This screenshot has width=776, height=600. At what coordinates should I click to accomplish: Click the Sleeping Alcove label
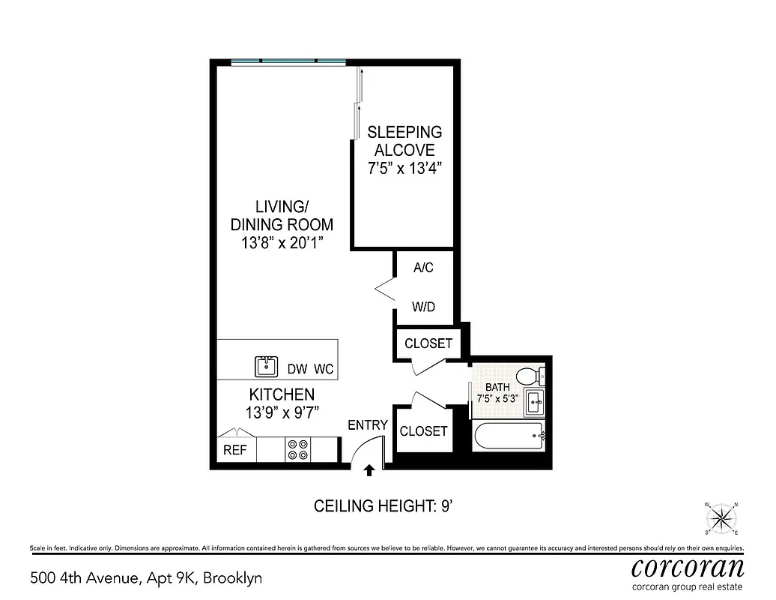[404, 140]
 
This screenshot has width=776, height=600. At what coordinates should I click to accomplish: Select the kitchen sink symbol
[266, 366]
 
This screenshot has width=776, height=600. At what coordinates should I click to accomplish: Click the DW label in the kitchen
[298, 369]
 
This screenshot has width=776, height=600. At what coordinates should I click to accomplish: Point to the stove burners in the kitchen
[297, 449]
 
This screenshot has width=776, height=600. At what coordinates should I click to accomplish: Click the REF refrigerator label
[235, 450]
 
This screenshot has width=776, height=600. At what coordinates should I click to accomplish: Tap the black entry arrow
[369, 470]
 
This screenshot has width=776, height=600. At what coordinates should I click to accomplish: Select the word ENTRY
[368, 425]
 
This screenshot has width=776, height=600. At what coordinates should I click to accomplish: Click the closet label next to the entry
[423, 431]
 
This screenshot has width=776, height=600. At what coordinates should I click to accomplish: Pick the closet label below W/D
[428, 343]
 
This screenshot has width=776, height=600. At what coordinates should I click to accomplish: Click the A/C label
[424, 267]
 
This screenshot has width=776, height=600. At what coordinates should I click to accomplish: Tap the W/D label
[424, 307]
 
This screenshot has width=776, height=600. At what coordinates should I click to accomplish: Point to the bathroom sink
[534, 402]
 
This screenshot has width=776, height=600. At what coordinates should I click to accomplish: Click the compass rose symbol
[721, 516]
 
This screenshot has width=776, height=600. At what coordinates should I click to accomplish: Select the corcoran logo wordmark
[688, 566]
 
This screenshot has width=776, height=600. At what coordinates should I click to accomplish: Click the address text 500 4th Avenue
[83, 578]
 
